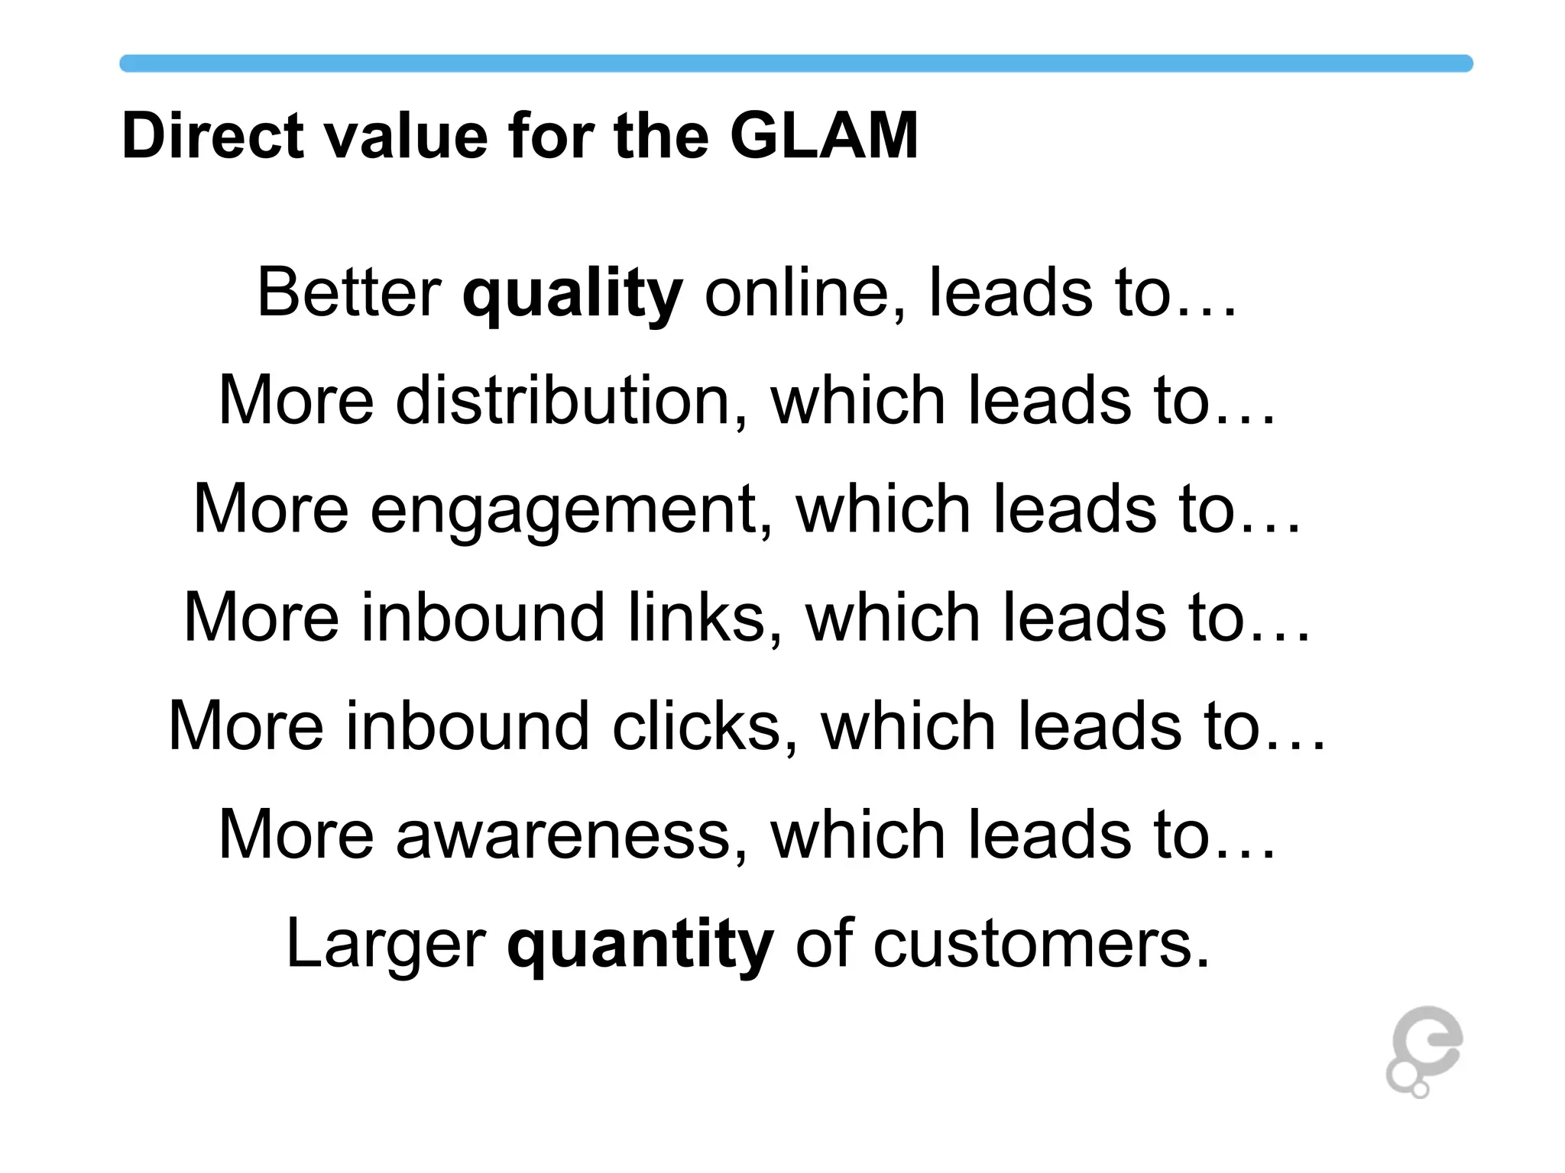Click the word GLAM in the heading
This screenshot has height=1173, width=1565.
824,136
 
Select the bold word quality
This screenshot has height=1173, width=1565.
572,295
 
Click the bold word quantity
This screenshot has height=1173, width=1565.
640,945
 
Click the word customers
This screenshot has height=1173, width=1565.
1042,945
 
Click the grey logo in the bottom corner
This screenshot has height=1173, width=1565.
1423,1051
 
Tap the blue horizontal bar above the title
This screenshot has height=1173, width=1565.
795,63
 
